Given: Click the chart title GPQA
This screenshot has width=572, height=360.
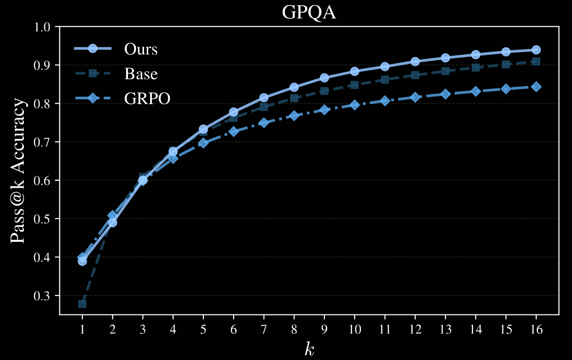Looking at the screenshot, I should click(309, 13).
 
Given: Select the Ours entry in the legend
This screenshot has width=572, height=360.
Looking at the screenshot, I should click(140, 49).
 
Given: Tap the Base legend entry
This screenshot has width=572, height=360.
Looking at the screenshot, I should click(140, 73).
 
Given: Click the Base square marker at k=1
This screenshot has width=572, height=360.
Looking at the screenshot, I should click(82, 304).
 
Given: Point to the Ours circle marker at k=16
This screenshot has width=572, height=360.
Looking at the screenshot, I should click(536, 50).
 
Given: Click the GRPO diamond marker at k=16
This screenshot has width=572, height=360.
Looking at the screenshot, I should click(536, 87).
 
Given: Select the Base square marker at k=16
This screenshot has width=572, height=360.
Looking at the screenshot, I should click(536, 61).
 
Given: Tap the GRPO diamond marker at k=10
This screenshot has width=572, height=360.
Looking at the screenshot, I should click(354, 105).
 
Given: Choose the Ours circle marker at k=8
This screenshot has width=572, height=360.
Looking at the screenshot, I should click(294, 87).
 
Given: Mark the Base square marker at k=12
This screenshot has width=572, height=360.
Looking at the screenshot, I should click(415, 75).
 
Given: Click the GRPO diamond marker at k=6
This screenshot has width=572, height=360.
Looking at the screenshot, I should click(233, 132).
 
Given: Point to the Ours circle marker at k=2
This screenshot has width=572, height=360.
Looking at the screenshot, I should click(112, 222).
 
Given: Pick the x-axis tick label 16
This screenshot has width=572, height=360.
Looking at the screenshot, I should click(536, 330).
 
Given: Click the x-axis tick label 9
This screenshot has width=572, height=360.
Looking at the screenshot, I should click(324, 330).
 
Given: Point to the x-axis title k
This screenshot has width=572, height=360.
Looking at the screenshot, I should click(309, 349).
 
